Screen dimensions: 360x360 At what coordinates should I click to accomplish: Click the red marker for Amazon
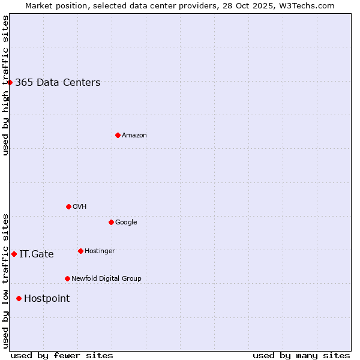118,135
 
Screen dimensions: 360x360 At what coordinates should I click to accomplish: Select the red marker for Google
111,222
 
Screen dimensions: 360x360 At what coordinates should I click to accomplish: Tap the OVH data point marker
68,206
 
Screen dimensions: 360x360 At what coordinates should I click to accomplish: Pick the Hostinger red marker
80,251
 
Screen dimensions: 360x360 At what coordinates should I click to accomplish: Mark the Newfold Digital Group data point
67,278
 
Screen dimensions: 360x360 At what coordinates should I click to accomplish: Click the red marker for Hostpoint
19,298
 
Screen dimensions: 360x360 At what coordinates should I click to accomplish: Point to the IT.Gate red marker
14,254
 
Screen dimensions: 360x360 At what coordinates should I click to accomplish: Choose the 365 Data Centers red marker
10,82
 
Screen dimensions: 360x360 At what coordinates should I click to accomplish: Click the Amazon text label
134,136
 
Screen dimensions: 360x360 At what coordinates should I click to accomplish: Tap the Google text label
126,223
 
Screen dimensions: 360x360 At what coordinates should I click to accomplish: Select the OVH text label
80,207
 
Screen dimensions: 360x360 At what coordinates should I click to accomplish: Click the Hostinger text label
100,251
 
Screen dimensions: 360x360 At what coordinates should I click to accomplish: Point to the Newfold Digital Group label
106,279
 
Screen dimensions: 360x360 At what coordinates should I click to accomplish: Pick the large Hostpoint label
47,299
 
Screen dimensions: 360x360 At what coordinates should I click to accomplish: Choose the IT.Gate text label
37,254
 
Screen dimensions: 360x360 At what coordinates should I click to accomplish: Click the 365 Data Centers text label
58,83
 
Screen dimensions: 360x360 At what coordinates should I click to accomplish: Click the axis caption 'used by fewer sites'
62,355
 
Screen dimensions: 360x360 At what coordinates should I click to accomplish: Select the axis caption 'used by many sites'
301,355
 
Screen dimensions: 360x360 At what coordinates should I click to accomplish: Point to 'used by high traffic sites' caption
5,85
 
